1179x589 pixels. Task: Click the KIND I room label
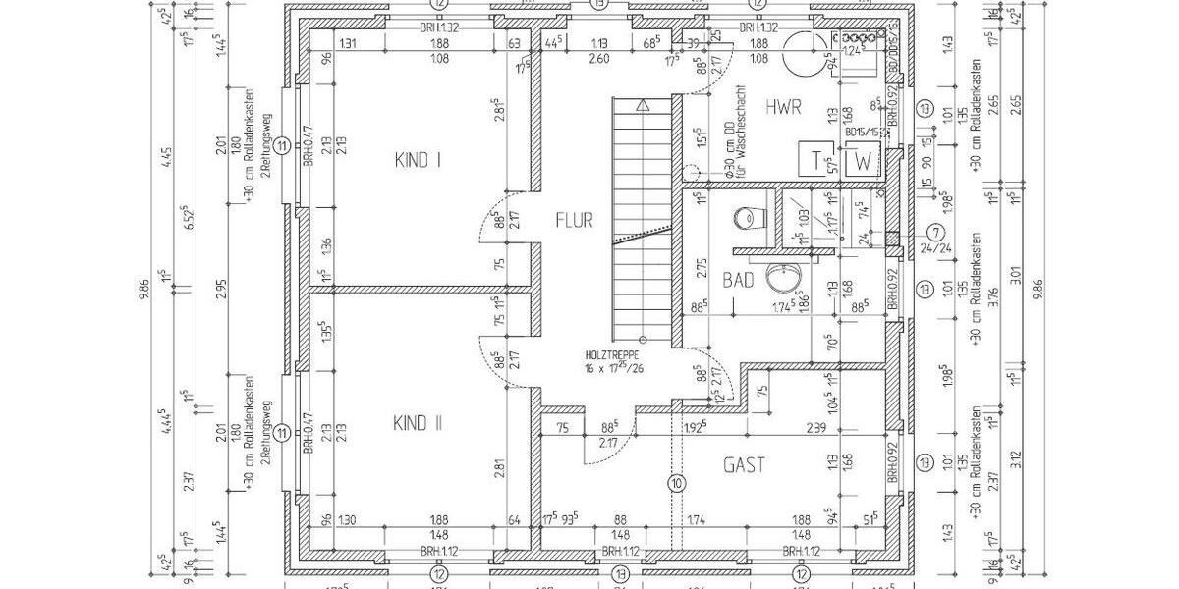click(417, 159)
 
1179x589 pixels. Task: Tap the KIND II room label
click(418, 423)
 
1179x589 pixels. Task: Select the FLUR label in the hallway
click(574, 220)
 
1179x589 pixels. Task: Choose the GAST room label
click(744, 465)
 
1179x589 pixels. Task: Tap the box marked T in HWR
click(815, 160)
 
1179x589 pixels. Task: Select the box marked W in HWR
click(862, 160)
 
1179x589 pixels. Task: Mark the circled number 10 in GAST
click(676, 483)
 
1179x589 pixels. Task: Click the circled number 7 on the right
click(935, 233)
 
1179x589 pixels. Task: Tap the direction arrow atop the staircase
click(643, 103)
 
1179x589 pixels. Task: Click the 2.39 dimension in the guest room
click(814, 428)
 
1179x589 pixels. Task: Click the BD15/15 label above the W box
click(862, 132)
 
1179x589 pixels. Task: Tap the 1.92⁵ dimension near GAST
click(695, 428)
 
